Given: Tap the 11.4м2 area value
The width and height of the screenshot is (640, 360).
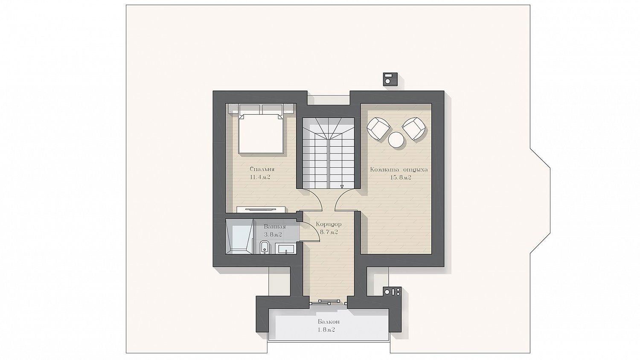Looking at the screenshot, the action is pos(260,177).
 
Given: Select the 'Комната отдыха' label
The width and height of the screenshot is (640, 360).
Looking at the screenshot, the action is pos(399,169).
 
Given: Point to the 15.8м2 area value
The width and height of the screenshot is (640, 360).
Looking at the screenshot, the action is pos(401,178).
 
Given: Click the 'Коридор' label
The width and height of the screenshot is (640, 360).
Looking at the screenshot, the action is pos(329,224).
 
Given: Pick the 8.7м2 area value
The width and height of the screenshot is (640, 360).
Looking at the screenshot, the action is pos(329,232).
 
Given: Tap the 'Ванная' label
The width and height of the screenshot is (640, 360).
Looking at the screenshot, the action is pos(275,227).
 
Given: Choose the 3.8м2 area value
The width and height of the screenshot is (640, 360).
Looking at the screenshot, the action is pos(273,235).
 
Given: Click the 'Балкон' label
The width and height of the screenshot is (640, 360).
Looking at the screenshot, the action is pos(329,322).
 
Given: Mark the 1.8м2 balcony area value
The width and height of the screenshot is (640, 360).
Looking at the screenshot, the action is pos(326,330).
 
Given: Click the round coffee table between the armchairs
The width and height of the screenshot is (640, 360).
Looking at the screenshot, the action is pos(396,140).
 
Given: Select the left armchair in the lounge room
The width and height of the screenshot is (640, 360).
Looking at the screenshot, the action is pos(378,129).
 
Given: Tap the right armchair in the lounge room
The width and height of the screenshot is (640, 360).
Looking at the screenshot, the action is pos(413,129).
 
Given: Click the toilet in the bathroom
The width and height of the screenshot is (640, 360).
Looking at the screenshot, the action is pos(265,247).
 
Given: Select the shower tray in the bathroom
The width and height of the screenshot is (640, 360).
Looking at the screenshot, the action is pos(239,237).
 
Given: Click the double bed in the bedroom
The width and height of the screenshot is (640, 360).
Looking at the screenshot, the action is pos(261,133).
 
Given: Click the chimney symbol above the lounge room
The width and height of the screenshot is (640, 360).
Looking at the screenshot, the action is pos(390,79).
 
